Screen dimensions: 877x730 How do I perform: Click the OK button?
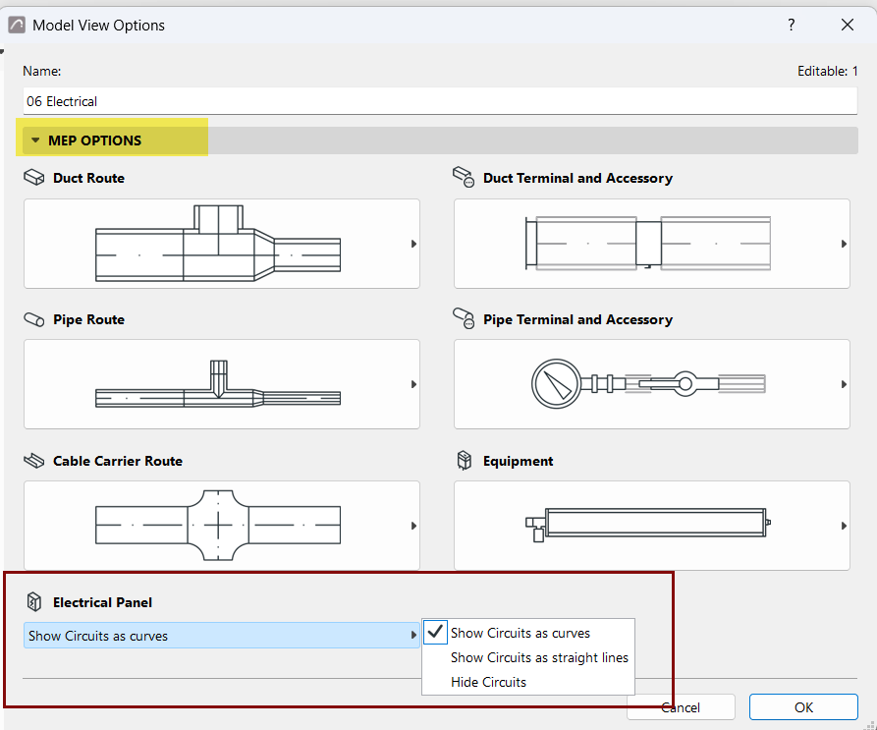pos(803,707)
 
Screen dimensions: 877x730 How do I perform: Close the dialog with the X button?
pos(848,25)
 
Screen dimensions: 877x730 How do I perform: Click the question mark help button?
pos(791,25)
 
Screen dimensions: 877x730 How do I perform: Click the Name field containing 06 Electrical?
pos(440,101)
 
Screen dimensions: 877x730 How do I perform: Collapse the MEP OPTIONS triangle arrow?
pos(35,140)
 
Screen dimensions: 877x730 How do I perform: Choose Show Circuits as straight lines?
pos(539,658)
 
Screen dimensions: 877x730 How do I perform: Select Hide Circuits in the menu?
pos(488,683)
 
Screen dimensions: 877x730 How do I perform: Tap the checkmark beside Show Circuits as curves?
pos(435,632)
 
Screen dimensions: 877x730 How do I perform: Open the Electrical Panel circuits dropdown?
pos(222,636)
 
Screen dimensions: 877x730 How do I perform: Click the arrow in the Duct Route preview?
pos(413,244)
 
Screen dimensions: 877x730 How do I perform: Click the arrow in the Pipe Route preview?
pos(413,384)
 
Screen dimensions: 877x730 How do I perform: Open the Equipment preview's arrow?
pos(844,526)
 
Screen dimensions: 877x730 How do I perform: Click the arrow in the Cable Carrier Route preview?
pos(413,526)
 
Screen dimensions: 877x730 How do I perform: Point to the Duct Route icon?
pos(34,177)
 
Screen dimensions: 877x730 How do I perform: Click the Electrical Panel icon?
pos(34,602)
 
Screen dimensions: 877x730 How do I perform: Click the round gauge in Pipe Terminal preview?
pos(556,384)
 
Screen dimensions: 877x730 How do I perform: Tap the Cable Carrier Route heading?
pos(118,461)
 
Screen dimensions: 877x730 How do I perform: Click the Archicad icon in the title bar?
pos(17,25)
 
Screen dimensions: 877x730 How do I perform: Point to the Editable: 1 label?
pos(827,71)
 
